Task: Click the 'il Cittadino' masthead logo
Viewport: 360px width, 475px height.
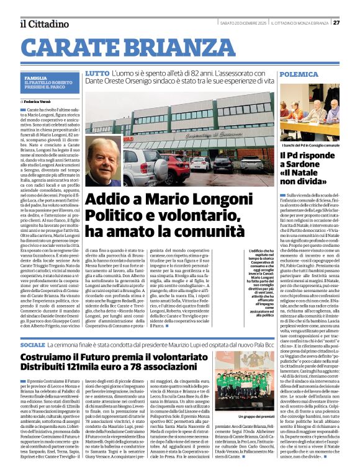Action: pos(43,24)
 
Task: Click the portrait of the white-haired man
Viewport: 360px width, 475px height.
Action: pos(102,162)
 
